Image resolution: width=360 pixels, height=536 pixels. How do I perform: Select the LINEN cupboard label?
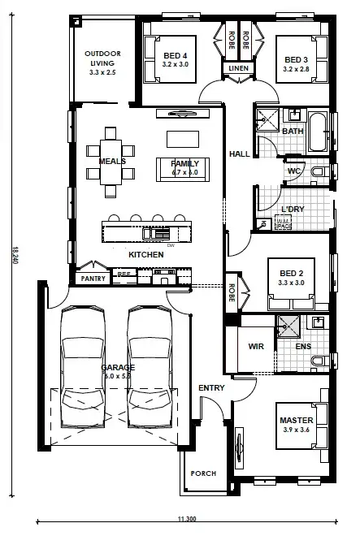click(238, 69)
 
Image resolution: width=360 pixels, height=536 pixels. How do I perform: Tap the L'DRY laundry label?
click(292, 209)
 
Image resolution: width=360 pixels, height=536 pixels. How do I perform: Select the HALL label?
click(239, 153)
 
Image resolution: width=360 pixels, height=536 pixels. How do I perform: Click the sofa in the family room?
click(185, 167)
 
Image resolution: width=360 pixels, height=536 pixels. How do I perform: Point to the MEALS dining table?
click(111, 161)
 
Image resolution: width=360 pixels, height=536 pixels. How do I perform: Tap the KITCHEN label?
click(146, 255)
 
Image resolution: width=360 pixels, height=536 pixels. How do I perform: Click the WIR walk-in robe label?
click(256, 346)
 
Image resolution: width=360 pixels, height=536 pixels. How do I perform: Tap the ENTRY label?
click(211, 388)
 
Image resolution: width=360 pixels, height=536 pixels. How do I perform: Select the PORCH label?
click(202, 473)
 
